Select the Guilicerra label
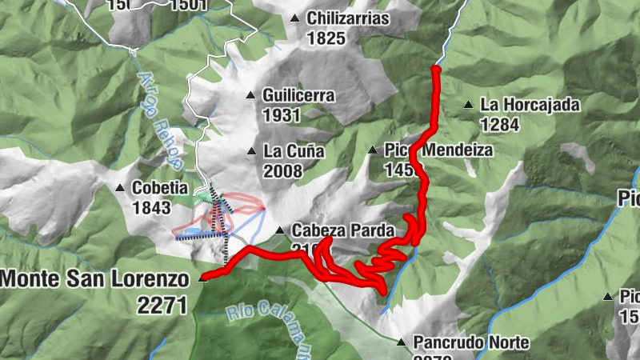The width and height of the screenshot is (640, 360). tap(298, 95)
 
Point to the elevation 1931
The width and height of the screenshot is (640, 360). tap(281, 115)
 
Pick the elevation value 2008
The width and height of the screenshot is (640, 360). tap(282, 170)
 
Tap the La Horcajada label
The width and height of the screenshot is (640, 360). tap(530, 104)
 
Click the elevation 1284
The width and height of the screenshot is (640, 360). tap(501, 124)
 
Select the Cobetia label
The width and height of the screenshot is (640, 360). tap(161, 188)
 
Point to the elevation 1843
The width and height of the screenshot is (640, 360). tap(152, 208)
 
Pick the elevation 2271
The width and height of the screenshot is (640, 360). tap(162, 304)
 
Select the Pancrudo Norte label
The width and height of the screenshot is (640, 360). tap(471, 342)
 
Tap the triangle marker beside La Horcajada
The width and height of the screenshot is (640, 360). tap(468, 104)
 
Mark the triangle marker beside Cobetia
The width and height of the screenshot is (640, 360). tap(120, 188)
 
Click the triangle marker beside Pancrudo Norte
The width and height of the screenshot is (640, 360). tap(401, 342)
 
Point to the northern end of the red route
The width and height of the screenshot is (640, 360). tap(436, 70)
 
